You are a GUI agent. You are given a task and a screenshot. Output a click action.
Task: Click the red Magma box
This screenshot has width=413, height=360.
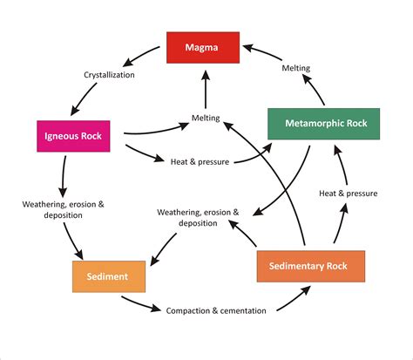(202, 46)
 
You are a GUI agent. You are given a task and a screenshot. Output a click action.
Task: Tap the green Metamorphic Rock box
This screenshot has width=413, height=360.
(324, 124)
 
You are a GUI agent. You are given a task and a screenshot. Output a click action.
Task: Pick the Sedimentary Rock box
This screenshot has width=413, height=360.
(310, 266)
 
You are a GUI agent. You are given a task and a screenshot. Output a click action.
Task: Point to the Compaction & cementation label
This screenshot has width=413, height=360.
(215, 309)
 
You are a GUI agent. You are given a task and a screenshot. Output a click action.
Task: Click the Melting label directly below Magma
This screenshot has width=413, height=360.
(206, 118)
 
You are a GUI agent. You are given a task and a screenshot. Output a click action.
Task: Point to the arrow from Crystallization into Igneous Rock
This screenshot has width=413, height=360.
(78, 101)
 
